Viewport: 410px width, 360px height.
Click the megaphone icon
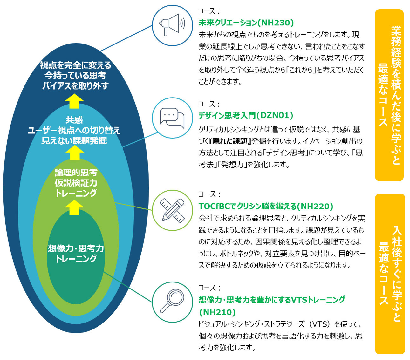tap(172, 25)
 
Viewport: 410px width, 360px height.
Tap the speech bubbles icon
tap(172, 118)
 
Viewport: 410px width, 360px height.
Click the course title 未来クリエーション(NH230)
tap(246, 23)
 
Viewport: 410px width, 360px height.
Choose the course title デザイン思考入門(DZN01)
tap(246, 115)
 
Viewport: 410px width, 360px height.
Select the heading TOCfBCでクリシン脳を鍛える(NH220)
tap(266, 206)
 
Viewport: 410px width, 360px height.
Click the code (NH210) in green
tap(217, 312)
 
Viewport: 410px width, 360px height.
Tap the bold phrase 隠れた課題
tap(230, 141)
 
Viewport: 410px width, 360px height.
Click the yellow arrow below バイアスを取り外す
tap(74, 101)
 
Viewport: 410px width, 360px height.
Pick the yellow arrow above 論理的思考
tap(75, 153)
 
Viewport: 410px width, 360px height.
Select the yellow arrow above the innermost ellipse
tap(74, 207)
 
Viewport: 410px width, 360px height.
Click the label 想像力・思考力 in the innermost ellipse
tap(76, 248)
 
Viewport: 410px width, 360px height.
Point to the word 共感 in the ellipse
tap(74, 120)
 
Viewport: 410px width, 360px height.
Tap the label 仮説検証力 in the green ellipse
tap(76, 183)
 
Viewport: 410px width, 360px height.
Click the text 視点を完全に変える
tap(75, 65)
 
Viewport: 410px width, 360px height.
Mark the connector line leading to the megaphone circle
tap(126, 38)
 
